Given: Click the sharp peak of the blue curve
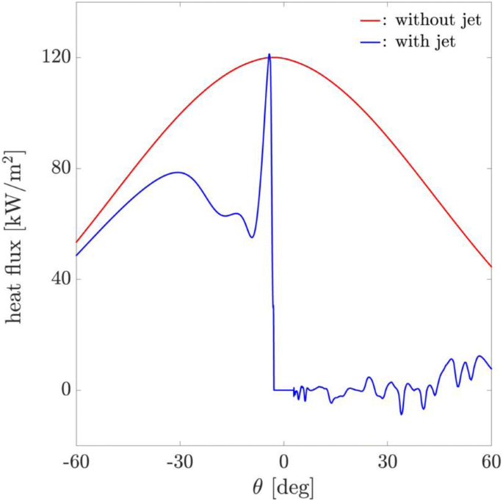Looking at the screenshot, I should point(269,54).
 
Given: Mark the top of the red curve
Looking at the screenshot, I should point(278,57).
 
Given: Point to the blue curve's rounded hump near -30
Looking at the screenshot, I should point(178,172).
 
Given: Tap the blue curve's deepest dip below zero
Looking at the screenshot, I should point(402,414).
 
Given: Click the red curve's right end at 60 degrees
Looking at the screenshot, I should point(491,267).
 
